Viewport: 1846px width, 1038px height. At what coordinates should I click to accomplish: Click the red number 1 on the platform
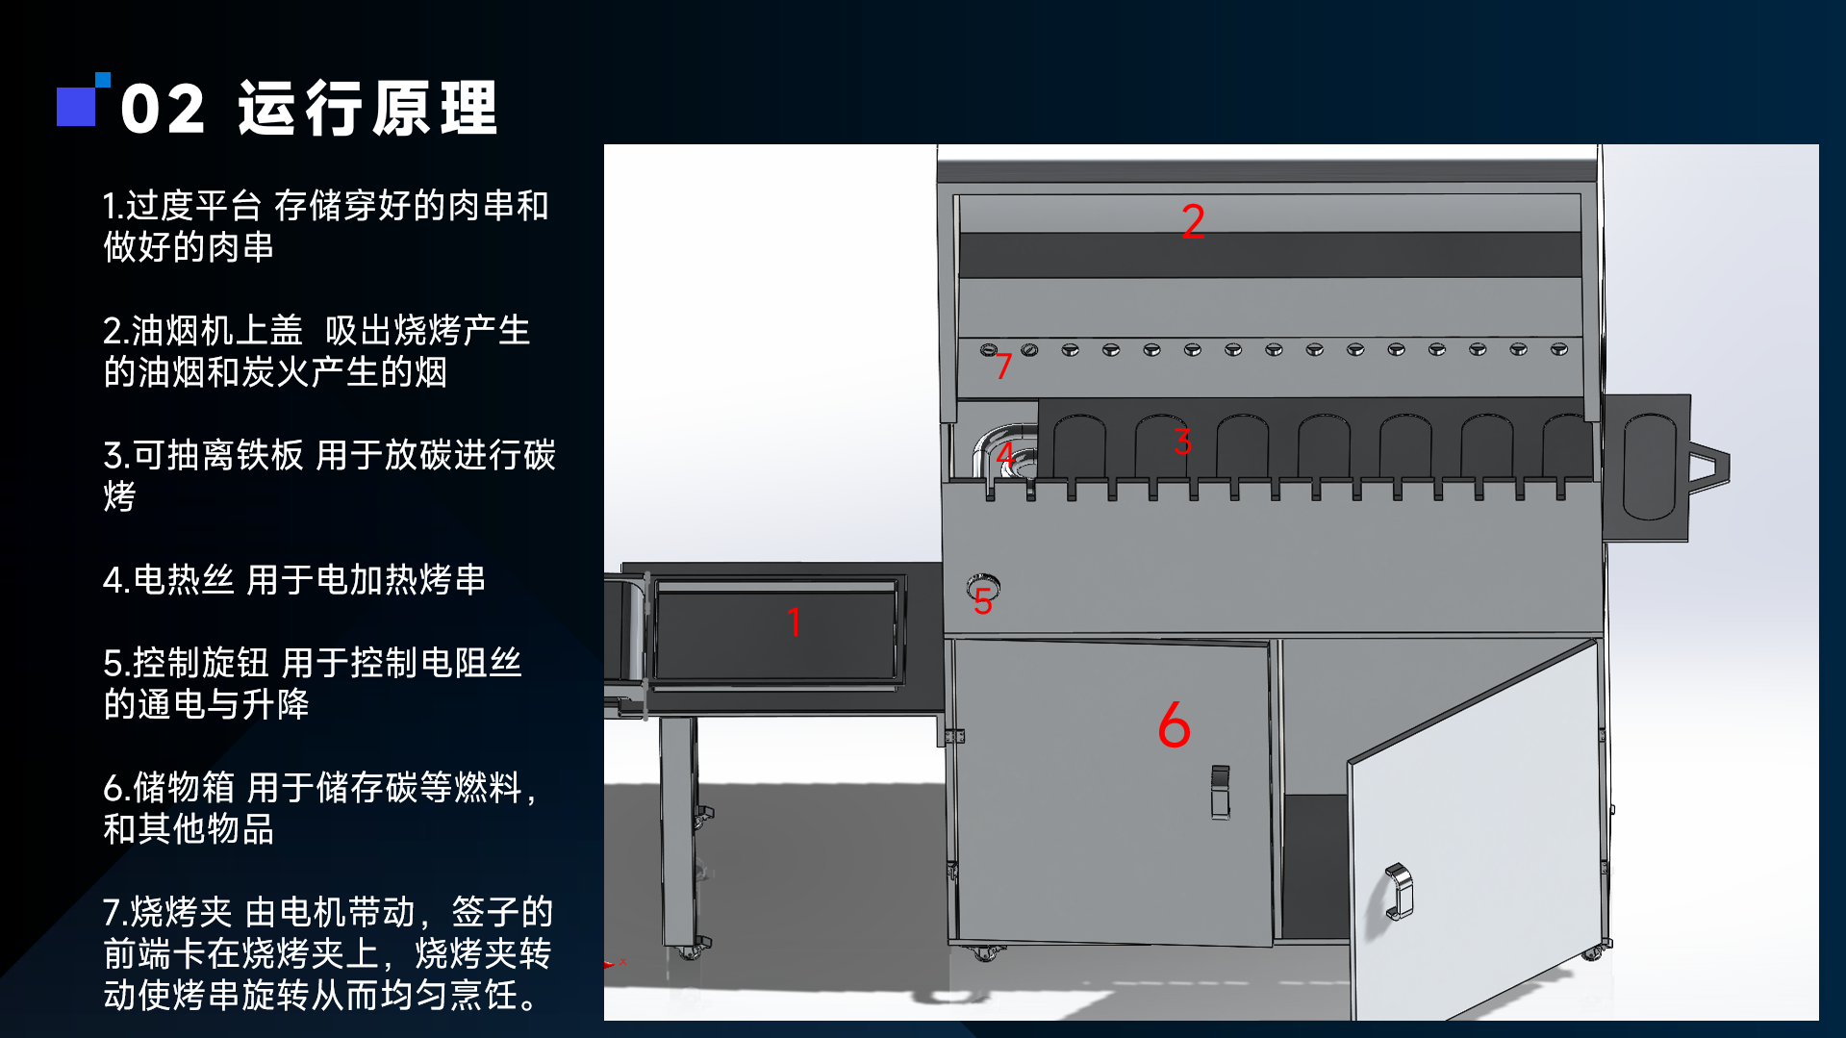click(x=794, y=622)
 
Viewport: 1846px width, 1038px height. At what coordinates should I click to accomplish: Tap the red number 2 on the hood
click(x=1193, y=221)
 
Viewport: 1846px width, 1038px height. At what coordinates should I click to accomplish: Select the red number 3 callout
click(x=1182, y=442)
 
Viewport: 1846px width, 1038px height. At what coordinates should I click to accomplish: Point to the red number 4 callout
click(x=1004, y=454)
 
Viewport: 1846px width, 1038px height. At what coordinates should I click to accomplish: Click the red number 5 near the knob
click(x=982, y=602)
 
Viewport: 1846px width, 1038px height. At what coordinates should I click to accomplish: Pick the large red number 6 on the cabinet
click(x=1174, y=725)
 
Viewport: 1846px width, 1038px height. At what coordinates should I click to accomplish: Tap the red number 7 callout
click(x=1003, y=366)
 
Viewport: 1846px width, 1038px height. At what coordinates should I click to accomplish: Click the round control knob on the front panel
click(x=983, y=584)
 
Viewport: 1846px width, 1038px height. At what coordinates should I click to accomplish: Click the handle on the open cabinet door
click(x=1397, y=891)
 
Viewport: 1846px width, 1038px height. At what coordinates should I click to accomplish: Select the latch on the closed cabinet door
click(x=1220, y=791)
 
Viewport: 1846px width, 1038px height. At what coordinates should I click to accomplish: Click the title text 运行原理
click(x=367, y=108)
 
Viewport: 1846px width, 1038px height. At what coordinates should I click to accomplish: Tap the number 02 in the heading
click(x=163, y=109)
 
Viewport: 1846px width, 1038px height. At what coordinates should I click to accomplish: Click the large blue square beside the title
click(x=76, y=106)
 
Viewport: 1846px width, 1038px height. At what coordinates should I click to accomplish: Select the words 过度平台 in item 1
click(x=193, y=206)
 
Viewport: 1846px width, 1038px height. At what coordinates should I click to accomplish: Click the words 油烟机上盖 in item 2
click(x=216, y=331)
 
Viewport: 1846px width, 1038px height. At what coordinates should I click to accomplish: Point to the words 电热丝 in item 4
click(x=183, y=580)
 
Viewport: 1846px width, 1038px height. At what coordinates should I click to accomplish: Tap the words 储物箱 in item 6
click(x=183, y=788)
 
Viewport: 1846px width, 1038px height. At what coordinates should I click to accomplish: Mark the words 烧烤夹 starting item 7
click(x=181, y=912)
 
